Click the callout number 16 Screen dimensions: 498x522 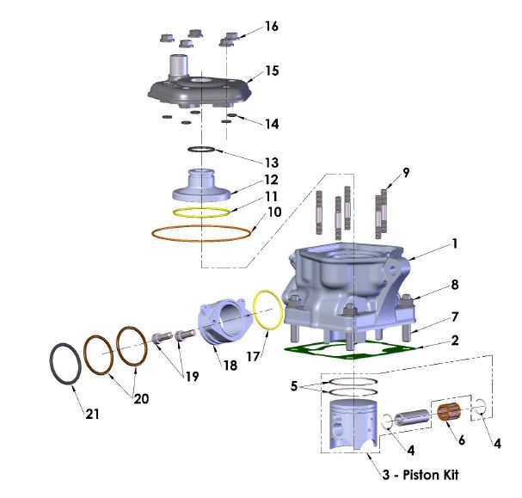point(271,27)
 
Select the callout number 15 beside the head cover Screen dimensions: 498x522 point(271,71)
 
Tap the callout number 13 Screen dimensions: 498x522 point(271,162)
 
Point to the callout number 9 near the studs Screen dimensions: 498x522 point(406,172)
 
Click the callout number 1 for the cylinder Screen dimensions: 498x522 point(453,244)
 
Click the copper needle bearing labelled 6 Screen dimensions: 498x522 point(447,413)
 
